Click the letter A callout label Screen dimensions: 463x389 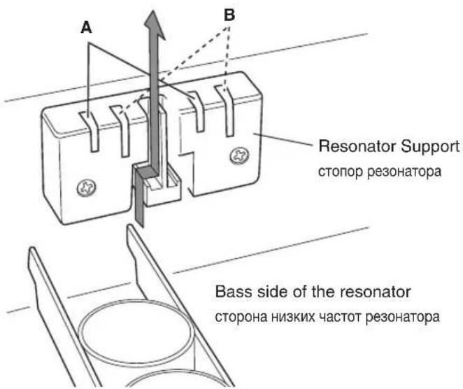[x=86, y=28]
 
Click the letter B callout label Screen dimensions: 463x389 [x=229, y=15]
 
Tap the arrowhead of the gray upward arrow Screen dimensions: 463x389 [x=154, y=26]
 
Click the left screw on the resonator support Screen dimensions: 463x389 [x=86, y=188]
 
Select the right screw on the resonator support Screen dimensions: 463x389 [x=239, y=155]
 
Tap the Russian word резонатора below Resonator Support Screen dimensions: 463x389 [x=404, y=171]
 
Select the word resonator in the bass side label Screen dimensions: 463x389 [x=375, y=292]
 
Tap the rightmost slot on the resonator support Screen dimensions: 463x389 [x=226, y=111]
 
